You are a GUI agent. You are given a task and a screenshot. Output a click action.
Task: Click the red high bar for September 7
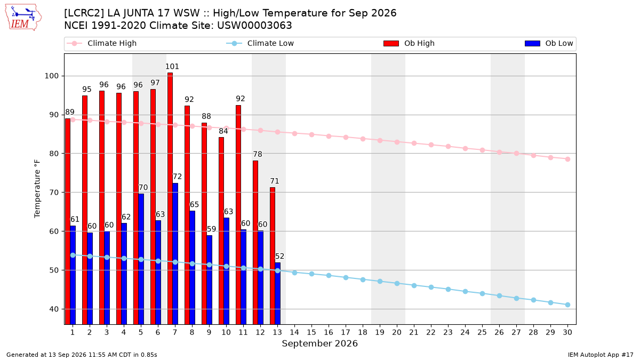[x=170, y=198]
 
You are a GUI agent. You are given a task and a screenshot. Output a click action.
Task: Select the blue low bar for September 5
[x=141, y=259]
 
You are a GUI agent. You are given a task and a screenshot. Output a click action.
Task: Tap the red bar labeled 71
[x=273, y=256]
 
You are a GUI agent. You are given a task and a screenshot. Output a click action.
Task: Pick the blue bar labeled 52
[x=278, y=293]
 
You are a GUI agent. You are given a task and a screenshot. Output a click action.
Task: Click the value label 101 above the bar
[x=172, y=67]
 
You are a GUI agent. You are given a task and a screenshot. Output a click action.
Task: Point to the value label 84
[x=223, y=131]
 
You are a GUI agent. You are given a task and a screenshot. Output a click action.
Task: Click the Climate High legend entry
[x=102, y=43]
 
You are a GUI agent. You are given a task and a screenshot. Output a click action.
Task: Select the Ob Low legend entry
[x=549, y=43]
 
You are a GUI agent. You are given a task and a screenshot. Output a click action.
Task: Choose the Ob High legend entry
[x=409, y=43]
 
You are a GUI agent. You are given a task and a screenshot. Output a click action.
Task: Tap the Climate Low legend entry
[x=260, y=43]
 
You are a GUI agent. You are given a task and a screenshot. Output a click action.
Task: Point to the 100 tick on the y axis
[x=51, y=76]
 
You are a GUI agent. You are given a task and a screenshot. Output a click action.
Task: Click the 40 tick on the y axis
[x=54, y=309]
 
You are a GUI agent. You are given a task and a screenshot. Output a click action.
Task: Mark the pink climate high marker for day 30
[x=567, y=159]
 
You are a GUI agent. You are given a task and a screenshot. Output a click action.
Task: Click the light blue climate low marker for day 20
[x=397, y=283]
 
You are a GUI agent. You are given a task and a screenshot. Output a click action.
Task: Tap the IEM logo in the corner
[x=23, y=18]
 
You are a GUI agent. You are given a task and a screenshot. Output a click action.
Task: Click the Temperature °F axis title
[x=37, y=189]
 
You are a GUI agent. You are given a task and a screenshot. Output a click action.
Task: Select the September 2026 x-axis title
[x=319, y=343]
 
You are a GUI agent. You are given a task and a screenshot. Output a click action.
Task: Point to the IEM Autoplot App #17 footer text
[x=601, y=355]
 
